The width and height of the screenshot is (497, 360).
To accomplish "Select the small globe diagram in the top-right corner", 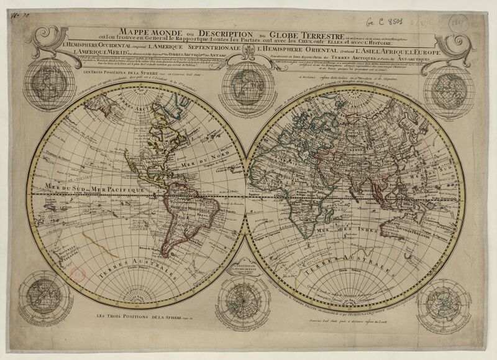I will pyautogui.click(x=452, y=87).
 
